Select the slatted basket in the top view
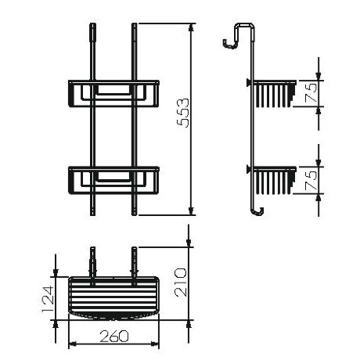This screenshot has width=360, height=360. tap(114, 297)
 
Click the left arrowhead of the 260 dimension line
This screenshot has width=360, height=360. tap(72, 343)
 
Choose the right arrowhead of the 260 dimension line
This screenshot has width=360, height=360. tap(157, 343)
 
